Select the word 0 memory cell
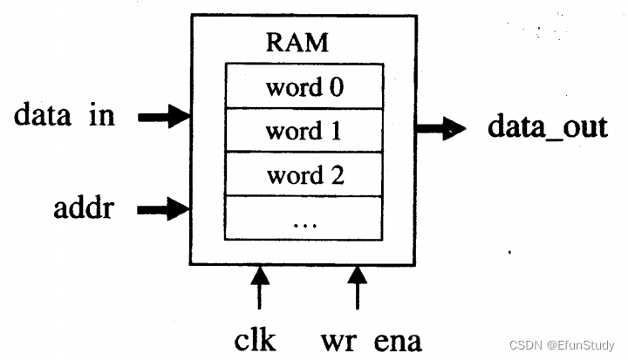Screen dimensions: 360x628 pos(304,88)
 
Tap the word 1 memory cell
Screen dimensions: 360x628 pos(304,131)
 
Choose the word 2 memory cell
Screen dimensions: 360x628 pos(304,174)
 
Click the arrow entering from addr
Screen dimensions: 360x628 pos(165,208)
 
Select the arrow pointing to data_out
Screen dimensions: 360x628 pos(440,130)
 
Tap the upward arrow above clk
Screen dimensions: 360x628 pos(259,288)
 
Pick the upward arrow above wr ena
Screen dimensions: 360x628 pos(357,288)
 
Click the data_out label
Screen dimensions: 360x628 pos(546,128)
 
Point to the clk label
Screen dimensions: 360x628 pos(256,337)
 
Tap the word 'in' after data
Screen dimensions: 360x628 pos(104,115)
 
